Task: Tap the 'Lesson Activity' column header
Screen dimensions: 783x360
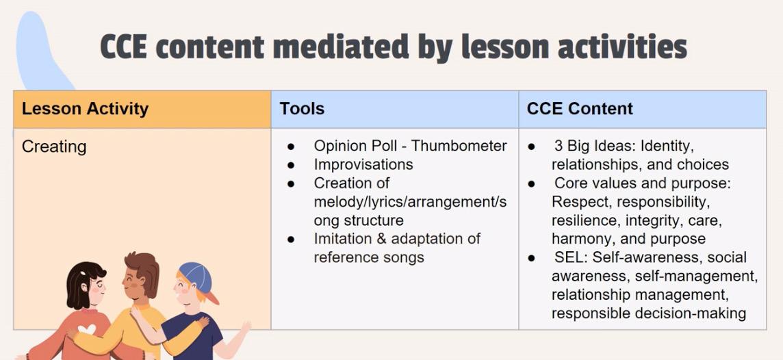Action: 85,109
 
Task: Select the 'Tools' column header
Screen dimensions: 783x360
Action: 302,108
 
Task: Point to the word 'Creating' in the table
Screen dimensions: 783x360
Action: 54,146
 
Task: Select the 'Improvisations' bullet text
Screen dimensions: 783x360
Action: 363,164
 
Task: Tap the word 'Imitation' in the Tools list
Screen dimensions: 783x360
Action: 342,239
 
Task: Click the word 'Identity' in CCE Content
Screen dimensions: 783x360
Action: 665,146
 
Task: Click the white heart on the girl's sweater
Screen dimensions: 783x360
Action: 87,330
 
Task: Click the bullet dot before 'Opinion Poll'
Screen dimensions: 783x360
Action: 291,146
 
